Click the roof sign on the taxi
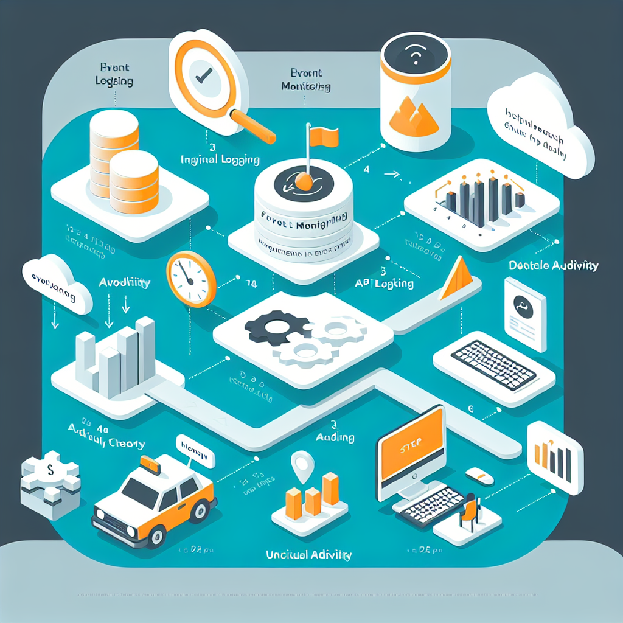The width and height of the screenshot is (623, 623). (x=150, y=467)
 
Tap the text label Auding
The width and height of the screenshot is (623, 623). (x=336, y=437)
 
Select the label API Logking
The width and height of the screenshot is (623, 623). (x=386, y=284)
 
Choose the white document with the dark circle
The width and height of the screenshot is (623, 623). (x=525, y=313)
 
